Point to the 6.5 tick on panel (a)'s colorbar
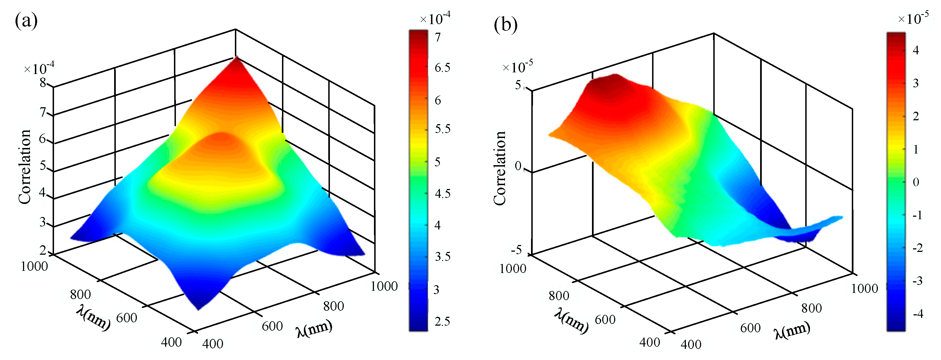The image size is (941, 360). click(x=442, y=68)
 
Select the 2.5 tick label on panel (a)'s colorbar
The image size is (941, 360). click(x=442, y=322)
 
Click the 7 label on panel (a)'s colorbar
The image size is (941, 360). click(x=438, y=38)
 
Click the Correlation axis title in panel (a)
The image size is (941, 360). click(x=25, y=167)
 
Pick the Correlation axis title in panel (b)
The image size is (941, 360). click(x=500, y=168)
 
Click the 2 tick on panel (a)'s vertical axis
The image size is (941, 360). click(x=43, y=251)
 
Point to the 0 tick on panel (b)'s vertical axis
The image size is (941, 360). click(x=518, y=166)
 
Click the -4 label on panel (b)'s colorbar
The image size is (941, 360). click(x=918, y=314)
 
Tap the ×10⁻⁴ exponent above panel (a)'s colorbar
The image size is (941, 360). click(x=435, y=18)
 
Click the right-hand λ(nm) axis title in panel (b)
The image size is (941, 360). click(x=792, y=330)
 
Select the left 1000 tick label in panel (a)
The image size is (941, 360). click(x=34, y=266)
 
